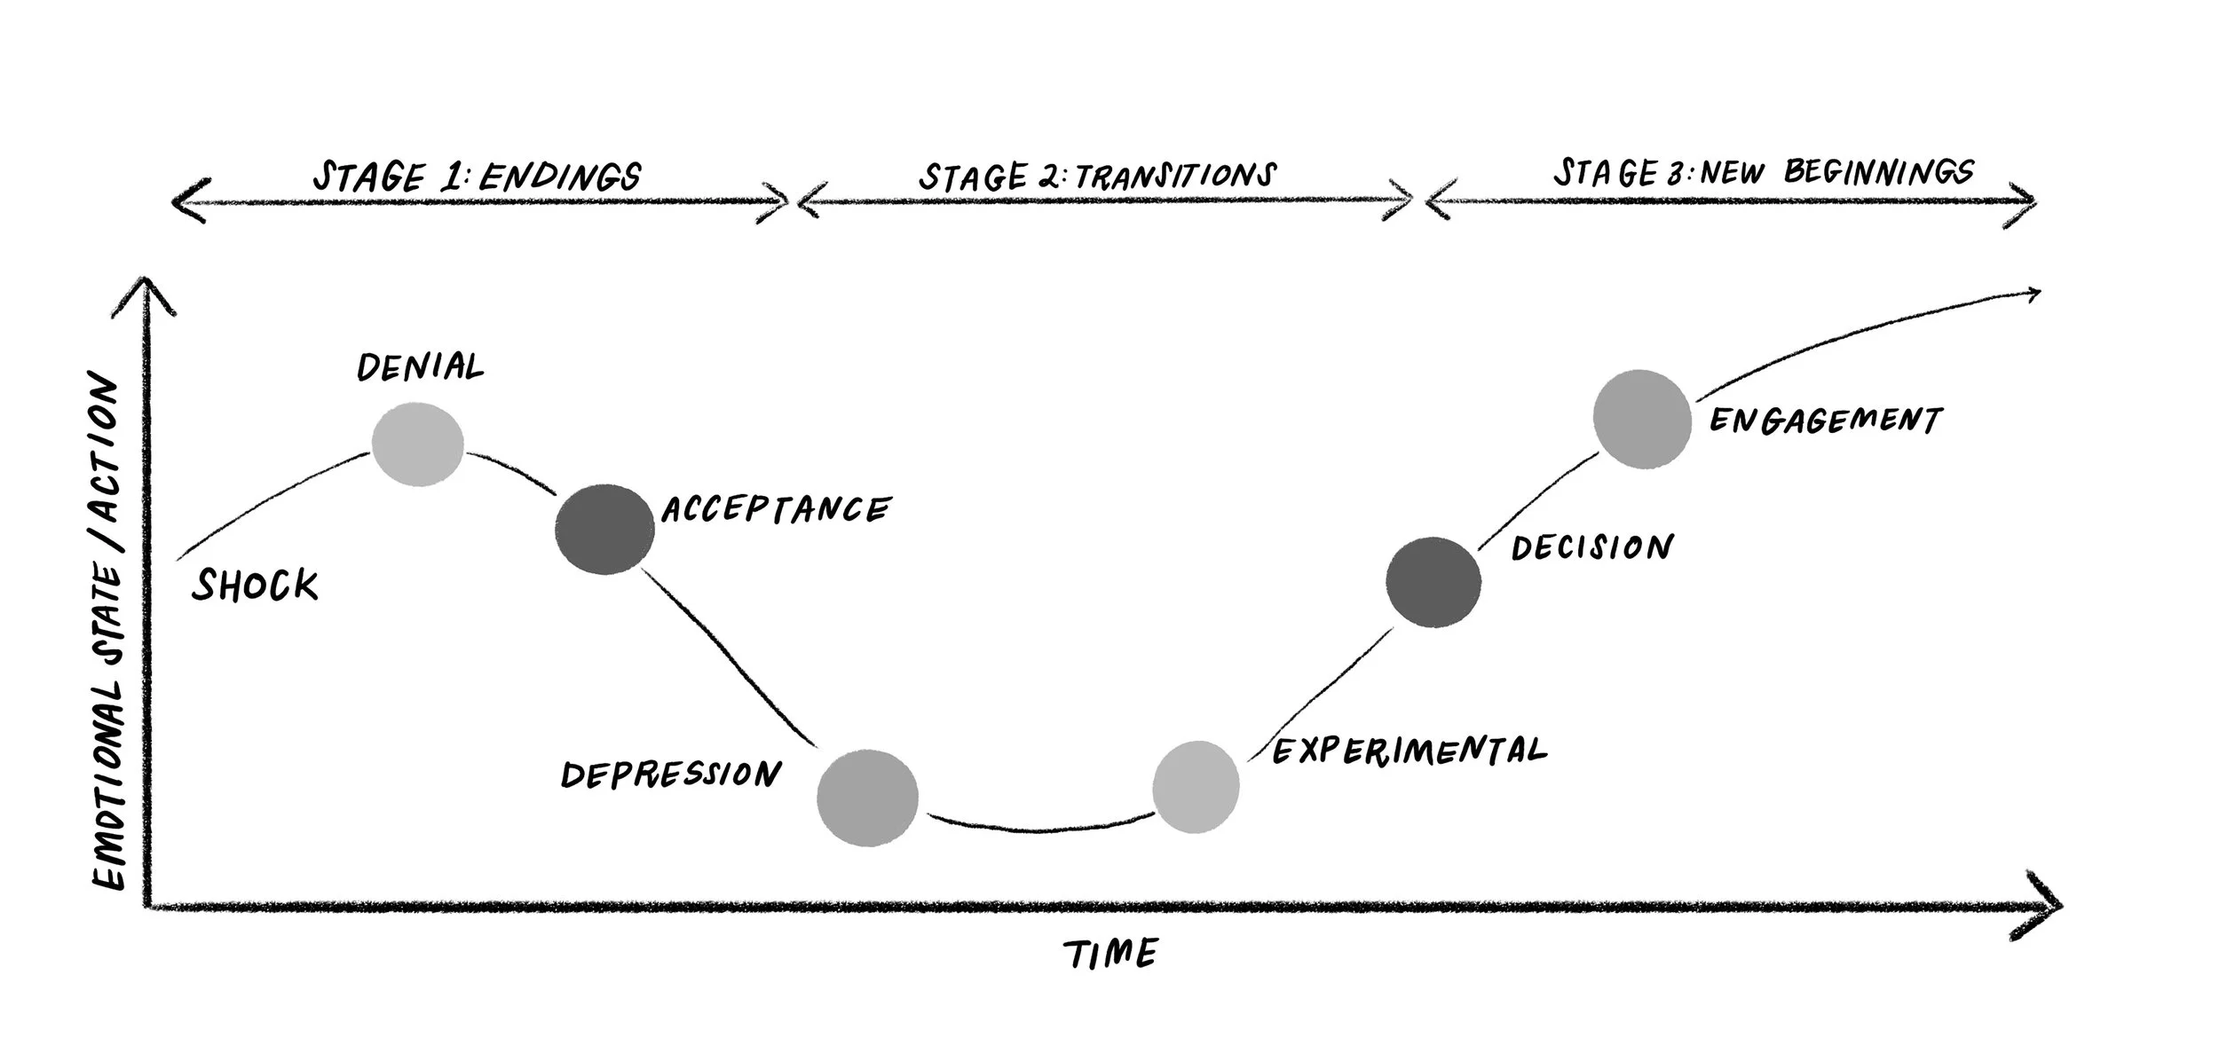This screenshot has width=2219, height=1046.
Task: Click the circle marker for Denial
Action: click(x=417, y=444)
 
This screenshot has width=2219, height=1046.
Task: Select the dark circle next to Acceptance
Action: click(x=604, y=530)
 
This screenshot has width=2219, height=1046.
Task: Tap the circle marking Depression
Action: click(x=867, y=798)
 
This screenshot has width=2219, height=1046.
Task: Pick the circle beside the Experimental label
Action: click(x=1196, y=787)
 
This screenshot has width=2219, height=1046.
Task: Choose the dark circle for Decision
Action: click(x=1433, y=582)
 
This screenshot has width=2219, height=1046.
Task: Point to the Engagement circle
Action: click(x=1641, y=419)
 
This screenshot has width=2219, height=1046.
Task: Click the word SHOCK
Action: click(x=255, y=586)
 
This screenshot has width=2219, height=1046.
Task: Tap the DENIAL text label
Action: click(x=420, y=366)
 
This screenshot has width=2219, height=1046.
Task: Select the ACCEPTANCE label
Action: click(x=775, y=509)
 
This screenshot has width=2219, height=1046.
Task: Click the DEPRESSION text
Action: click(x=670, y=775)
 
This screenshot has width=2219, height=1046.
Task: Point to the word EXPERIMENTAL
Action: click(x=1410, y=751)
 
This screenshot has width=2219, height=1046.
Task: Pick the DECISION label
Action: click(x=1592, y=547)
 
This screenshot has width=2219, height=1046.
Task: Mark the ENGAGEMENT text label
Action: click(x=1826, y=420)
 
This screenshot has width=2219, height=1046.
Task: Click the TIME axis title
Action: click(x=1110, y=954)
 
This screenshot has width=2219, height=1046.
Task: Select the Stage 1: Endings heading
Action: click(x=477, y=177)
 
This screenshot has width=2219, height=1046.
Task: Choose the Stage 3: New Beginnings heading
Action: click(x=1763, y=172)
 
